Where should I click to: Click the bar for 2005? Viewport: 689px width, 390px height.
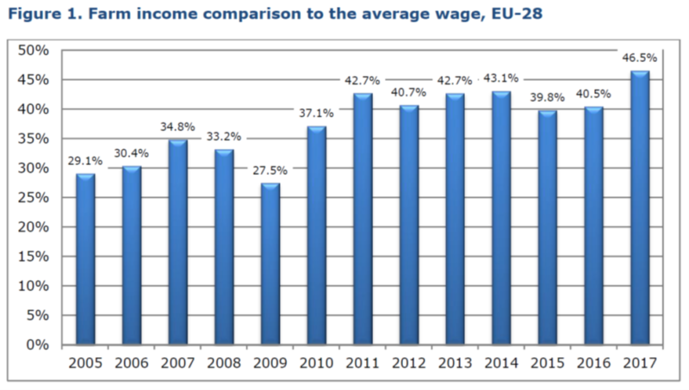point(85,259)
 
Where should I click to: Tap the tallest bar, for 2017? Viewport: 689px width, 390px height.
point(640,207)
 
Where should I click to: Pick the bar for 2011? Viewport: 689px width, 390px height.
point(363,219)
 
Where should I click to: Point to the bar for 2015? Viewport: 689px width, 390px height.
point(548,227)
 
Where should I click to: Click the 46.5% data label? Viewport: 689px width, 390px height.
point(639,58)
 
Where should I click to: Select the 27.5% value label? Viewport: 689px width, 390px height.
point(270,170)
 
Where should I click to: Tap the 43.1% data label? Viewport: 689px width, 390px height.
point(501,80)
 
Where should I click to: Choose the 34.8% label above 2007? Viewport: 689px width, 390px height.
point(177,127)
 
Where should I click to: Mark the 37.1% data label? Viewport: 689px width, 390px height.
point(316,115)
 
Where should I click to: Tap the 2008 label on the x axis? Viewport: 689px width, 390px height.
point(224,362)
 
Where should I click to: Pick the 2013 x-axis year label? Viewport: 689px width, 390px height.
point(455,362)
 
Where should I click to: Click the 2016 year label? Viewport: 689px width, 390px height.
point(593,362)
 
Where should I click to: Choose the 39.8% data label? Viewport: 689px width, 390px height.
point(547,97)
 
